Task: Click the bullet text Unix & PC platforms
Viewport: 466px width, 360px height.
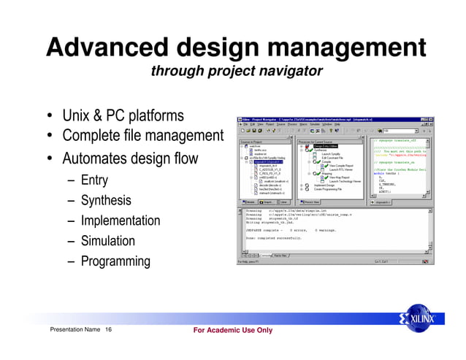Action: (123, 117)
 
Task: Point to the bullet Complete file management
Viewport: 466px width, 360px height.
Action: (142, 137)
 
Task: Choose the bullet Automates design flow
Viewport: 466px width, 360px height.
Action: (130, 158)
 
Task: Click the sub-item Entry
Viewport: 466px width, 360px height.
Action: (94, 180)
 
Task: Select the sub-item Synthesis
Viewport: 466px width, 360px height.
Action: (106, 200)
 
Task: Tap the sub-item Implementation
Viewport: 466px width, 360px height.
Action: (120, 221)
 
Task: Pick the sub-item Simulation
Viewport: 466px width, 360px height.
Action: (107, 241)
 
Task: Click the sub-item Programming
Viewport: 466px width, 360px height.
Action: (115, 261)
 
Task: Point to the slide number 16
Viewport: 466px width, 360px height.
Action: (108, 331)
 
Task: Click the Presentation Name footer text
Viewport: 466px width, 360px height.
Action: (75, 331)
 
